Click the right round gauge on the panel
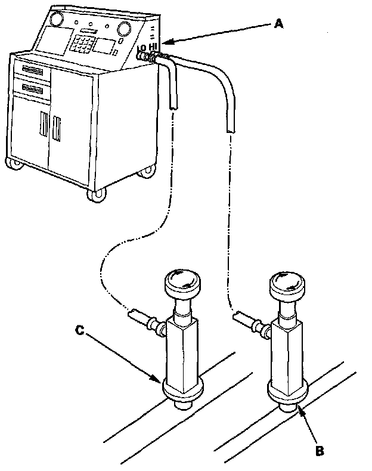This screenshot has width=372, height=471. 125,28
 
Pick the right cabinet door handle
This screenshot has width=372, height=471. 57,128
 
